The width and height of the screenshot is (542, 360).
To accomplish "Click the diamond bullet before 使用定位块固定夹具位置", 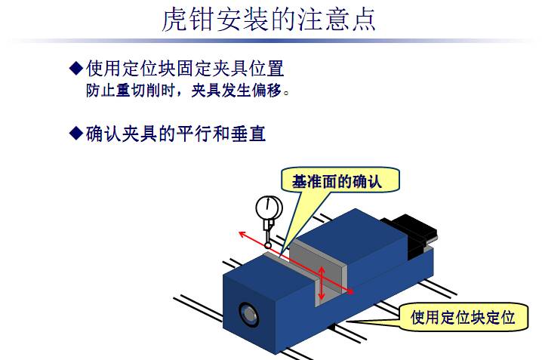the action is [75, 69].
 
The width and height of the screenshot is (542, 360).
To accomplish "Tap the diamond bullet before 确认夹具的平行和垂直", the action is [75, 134].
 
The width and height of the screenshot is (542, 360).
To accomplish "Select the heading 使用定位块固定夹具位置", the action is [185, 69].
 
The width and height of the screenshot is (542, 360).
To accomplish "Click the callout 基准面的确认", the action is [337, 180].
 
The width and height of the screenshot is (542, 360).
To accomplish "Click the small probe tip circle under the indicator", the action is [267, 245].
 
